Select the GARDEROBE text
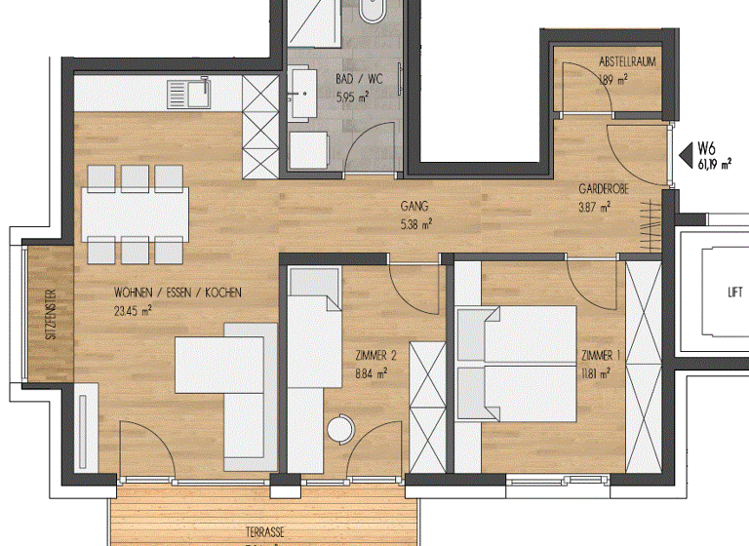[x=594, y=191]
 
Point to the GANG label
[x=414, y=207]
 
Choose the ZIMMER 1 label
[x=595, y=356]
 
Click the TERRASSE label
[x=265, y=532]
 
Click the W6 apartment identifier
[x=707, y=149]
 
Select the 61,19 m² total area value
[x=714, y=165]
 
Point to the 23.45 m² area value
[x=133, y=311]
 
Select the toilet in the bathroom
[x=374, y=12]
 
